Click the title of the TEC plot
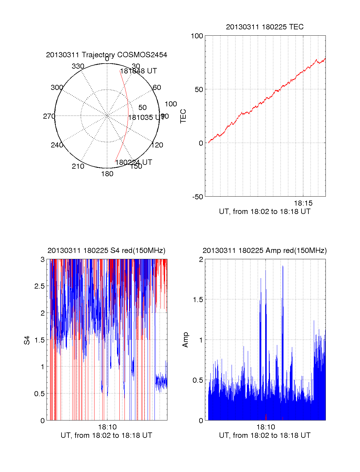coord(265,27)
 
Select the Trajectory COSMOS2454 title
coord(106,55)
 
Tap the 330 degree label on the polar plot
coord(78,66)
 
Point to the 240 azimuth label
coord(57,145)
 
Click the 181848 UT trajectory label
coord(138,71)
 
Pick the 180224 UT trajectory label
coord(133,162)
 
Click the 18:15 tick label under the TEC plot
coord(303,203)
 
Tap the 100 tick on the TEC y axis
coord(197,36)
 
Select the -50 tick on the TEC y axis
coord(198,197)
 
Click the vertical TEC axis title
coord(183,116)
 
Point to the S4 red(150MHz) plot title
coord(106,251)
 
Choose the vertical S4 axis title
coord(27,340)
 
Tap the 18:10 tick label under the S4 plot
coord(107,427)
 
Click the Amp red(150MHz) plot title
coord(265,251)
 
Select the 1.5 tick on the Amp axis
coord(198,300)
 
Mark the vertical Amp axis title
coord(185,340)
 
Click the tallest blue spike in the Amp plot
coord(283,267)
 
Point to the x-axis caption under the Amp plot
coord(265,435)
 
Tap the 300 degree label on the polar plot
coord(57,88)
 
